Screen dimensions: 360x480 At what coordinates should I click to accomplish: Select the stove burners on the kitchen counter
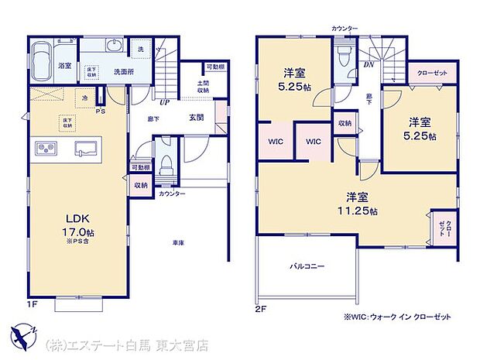(44, 147)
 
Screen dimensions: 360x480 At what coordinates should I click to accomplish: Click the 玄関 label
(196, 118)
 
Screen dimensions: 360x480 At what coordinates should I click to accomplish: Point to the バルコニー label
(307, 266)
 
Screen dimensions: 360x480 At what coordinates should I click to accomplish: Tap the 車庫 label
(178, 243)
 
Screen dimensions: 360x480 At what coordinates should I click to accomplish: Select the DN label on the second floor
(369, 65)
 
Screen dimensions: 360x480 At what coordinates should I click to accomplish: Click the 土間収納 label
(204, 86)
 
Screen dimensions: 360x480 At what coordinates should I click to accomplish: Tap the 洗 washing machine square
(141, 49)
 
